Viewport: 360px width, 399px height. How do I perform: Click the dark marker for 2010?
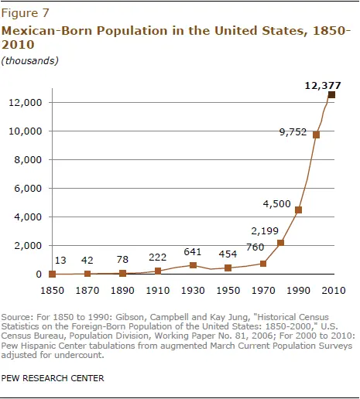pos(332,95)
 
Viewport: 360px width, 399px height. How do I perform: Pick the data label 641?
pos(193,251)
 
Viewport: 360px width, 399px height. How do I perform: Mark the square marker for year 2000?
pos(316,135)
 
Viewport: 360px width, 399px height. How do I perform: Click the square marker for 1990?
pos(298,210)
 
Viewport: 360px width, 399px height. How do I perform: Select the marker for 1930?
pos(193,265)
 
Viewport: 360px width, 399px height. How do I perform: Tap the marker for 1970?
pos(263,264)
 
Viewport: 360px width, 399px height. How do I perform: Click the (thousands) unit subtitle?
pos(29,60)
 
